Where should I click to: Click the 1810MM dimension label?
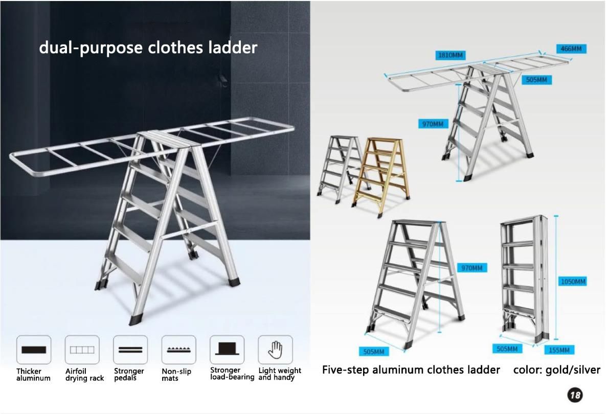450,55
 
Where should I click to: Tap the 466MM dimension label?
571,49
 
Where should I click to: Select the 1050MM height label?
573,281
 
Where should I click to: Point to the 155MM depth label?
559,350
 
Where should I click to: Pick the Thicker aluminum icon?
34,350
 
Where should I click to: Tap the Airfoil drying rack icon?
82,350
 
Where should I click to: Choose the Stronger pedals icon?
130,350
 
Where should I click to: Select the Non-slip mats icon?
178,350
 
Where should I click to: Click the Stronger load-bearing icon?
227,350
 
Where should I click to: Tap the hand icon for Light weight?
275,350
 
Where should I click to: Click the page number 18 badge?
575,395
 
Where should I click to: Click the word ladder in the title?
233,48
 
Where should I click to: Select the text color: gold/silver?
556,370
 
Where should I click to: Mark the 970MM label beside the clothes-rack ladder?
433,124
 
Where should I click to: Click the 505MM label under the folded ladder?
507,349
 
